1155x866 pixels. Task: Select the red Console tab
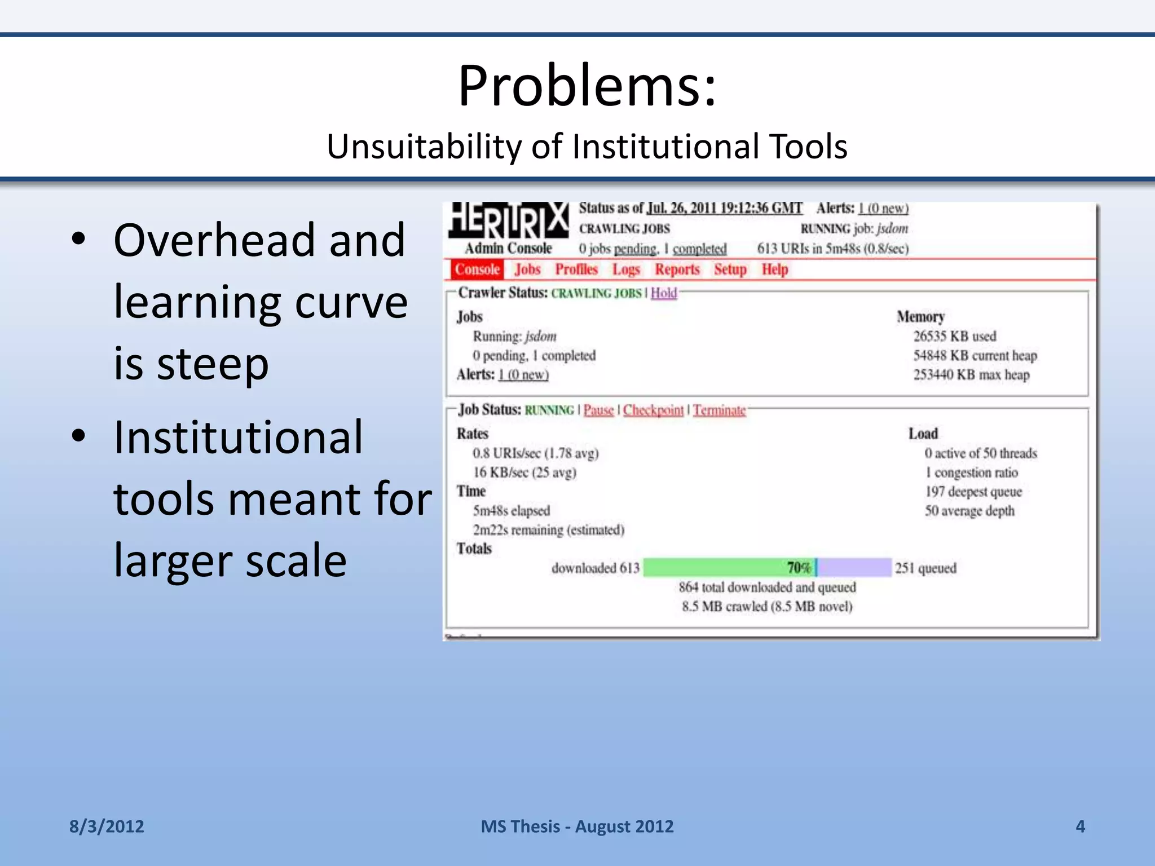coord(477,269)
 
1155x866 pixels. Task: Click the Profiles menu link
coord(576,269)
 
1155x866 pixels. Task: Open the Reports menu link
coord(677,269)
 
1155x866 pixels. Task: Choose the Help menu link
coord(774,269)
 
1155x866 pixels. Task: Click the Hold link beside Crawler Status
coord(664,293)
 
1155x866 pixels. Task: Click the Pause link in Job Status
coord(598,410)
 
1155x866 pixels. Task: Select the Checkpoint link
coord(653,410)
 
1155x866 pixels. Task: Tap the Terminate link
coord(719,410)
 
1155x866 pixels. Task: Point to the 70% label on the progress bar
coord(799,567)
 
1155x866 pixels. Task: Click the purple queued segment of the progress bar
coord(854,567)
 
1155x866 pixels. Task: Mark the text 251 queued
coord(925,568)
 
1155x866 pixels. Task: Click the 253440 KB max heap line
coord(971,375)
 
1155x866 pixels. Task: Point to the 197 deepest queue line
coord(973,492)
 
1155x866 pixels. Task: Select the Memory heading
coord(920,317)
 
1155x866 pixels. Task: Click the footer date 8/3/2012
coord(107,827)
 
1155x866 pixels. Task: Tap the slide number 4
coord(1080,827)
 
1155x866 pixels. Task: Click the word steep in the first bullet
coord(213,364)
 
